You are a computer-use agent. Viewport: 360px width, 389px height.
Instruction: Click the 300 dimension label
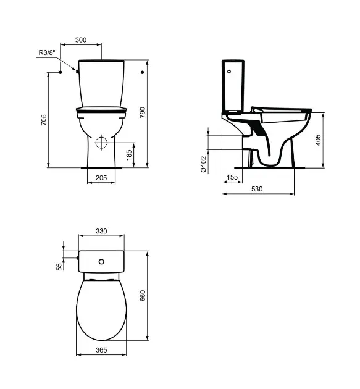pos(81,40)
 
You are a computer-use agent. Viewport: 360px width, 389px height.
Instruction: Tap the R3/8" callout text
pos(47,52)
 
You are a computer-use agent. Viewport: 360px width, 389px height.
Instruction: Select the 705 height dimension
pos(44,120)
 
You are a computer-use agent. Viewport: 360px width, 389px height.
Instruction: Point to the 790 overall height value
pos(143,112)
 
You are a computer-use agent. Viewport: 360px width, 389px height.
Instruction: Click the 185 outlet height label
pos(129,155)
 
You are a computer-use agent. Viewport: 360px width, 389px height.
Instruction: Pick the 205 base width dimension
pos(101,178)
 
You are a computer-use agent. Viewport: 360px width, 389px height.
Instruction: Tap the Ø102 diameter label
pos(203,164)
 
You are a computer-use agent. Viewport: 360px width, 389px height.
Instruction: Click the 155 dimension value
pos(232,177)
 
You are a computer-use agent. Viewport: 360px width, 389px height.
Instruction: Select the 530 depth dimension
pos(257,189)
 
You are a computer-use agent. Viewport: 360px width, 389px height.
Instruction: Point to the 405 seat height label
pos(318,140)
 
